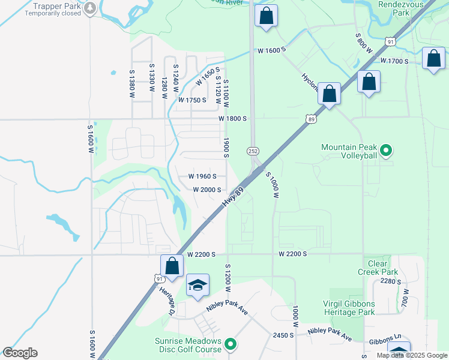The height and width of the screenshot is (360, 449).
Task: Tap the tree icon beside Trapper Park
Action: coord(90,8)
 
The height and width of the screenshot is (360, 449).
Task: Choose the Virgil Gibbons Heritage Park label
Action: coord(341,308)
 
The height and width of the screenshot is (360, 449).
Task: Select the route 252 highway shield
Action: coord(252,150)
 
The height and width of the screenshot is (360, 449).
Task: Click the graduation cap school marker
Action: coord(197,285)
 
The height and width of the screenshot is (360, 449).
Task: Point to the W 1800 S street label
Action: coord(233,119)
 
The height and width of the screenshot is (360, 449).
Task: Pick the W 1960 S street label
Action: coord(206,176)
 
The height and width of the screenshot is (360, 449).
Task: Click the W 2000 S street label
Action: coord(207,190)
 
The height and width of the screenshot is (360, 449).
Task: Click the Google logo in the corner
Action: coord(20,353)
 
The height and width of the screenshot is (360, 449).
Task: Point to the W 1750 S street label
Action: coord(192,100)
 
